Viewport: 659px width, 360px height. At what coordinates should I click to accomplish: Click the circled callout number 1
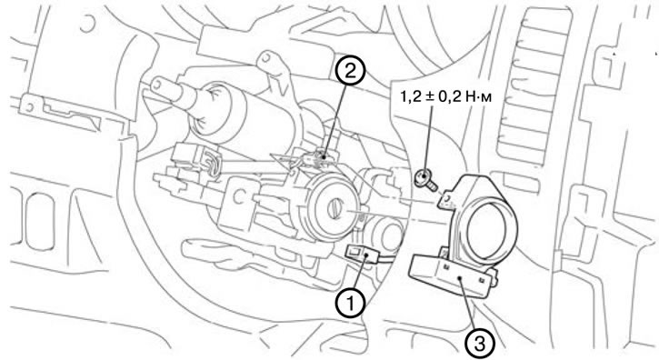(x=350, y=303)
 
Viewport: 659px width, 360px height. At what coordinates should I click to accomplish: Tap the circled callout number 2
(x=350, y=71)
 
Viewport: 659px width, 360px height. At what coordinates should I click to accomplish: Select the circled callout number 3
(x=480, y=343)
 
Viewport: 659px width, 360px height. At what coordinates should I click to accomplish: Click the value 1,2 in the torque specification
(x=408, y=97)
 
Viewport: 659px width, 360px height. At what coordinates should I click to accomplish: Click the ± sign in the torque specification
(x=425, y=97)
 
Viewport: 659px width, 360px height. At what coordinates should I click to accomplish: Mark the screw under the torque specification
(x=425, y=180)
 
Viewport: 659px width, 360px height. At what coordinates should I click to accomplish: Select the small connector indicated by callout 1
(x=357, y=255)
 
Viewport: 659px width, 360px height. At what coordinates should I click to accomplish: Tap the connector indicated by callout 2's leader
(x=318, y=160)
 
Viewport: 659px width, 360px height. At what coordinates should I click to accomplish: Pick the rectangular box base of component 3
(x=452, y=275)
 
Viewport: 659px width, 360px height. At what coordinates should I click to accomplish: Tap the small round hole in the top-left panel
(x=87, y=24)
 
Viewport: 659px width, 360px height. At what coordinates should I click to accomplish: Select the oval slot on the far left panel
(x=40, y=222)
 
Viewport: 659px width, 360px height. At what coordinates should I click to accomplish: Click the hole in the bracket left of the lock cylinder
(x=240, y=195)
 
